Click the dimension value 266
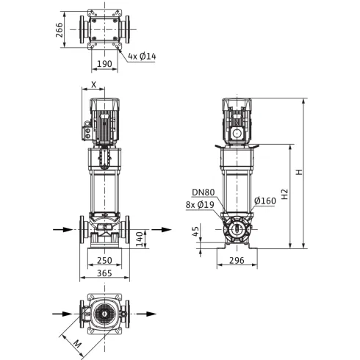point(60,30)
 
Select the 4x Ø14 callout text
point(142,57)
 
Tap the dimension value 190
point(104,64)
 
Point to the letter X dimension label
point(94,84)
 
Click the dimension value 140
point(140,239)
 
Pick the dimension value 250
point(104,261)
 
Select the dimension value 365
point(104,273)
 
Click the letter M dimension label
point(77,345)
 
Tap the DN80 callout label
point(204,192)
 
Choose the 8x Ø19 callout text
point(200,205)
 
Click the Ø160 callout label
point(265,201)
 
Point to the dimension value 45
point(195,231)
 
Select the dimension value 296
point(237,261)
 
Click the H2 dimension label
point(284,194)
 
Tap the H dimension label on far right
point(299,172)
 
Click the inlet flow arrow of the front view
point(63,230)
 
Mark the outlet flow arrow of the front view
point(162,230)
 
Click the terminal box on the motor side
point(87,131)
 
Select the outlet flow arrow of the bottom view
point(146,314)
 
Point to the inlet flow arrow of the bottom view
point(62,314)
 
